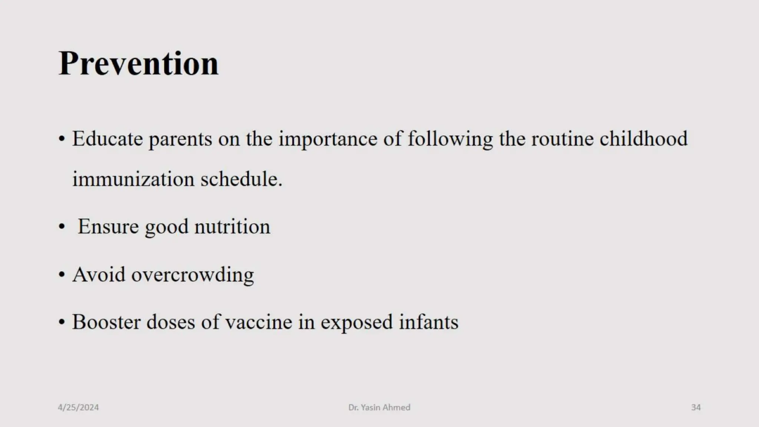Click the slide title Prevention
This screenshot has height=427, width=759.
[139, 63]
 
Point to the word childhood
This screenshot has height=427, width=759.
[643, 139]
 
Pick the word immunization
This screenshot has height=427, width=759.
[133, 179]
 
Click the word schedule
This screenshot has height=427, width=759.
[241, 179]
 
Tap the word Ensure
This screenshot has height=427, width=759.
[108, 227]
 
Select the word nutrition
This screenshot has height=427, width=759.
[232, 227]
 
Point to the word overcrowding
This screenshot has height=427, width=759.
[193, 276]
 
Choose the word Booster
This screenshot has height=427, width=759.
[106, 322]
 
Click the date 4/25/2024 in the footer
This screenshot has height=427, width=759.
[78, 407]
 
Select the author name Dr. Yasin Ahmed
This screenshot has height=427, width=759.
[379, 407]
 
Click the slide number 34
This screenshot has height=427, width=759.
[696, 407]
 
